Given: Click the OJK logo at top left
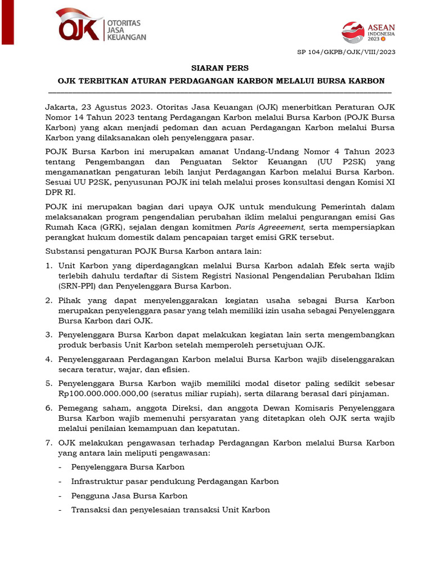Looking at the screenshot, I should pos(79,25).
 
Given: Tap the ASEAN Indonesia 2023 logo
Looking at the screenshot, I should pos(369,33).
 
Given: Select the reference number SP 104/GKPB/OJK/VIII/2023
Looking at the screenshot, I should pos(346,52).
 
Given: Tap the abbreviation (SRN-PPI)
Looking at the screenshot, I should pos(78,286).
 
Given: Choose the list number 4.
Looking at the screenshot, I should pos(48,359).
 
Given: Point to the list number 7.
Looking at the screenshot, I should pos(48,443).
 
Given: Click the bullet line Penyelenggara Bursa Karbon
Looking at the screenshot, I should pos(128,467).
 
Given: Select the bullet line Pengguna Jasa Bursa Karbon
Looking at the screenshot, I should pos(129,496).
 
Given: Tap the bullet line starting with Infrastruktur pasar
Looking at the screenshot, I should pos(175,481).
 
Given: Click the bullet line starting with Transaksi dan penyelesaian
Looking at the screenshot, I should pos(170,510).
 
